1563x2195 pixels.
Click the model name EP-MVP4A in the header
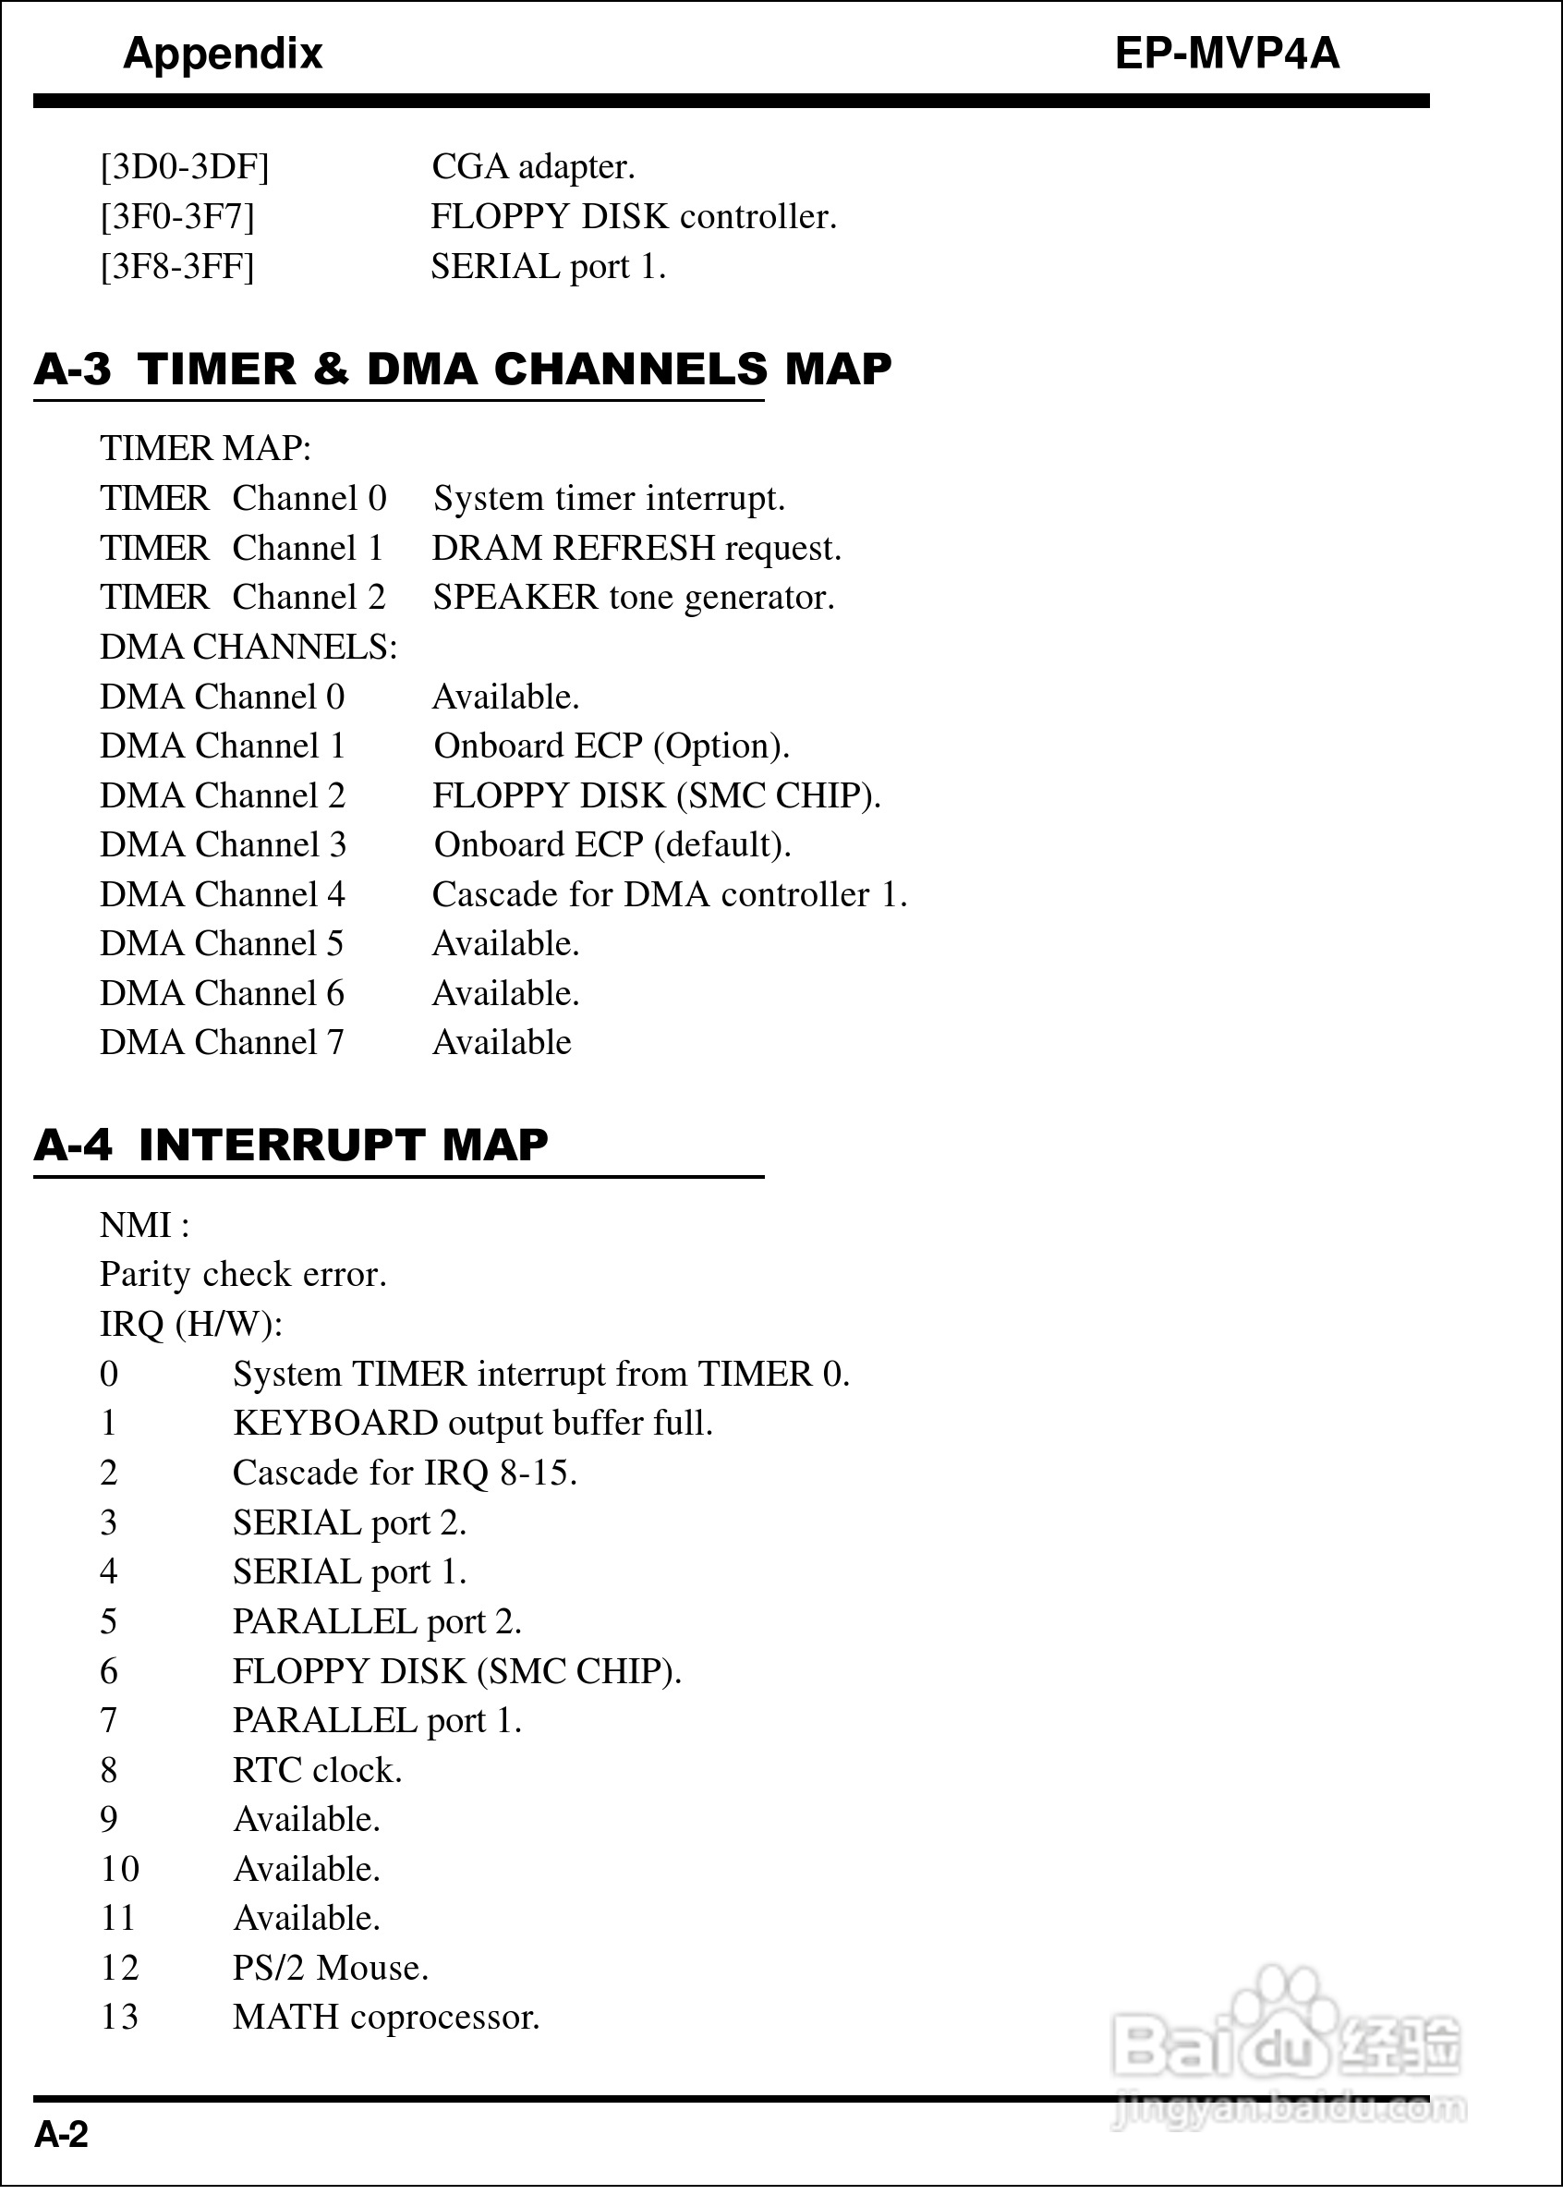click(1226, 54)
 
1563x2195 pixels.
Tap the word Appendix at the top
click(223, 54)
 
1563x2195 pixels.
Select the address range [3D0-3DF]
click(185, 167)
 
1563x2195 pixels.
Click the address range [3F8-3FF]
click(178, 267)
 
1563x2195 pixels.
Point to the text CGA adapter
click(533, 167)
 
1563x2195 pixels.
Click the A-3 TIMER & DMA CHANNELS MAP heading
click(463, 370)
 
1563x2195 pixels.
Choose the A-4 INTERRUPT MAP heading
click(291, 1146)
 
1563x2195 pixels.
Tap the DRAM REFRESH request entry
click(636, 549)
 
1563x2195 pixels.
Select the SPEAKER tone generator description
click(634, 598)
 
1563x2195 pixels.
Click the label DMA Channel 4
click(223, 895)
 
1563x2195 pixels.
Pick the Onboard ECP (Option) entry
click(612, 746)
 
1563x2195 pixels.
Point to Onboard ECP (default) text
click(612, 845)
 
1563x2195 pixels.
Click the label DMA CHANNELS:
click(248, 648)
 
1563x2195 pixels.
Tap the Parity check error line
click(244, 1275)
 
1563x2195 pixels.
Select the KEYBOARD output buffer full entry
click(473, 1424)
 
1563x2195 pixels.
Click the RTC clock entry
click(318, 1771)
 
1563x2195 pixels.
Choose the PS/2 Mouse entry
click(330, 1968)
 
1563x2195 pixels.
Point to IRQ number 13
click(119, 2017)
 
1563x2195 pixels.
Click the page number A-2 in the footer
click(62, 2134)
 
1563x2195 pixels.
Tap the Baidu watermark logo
click(1286, 2050)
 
